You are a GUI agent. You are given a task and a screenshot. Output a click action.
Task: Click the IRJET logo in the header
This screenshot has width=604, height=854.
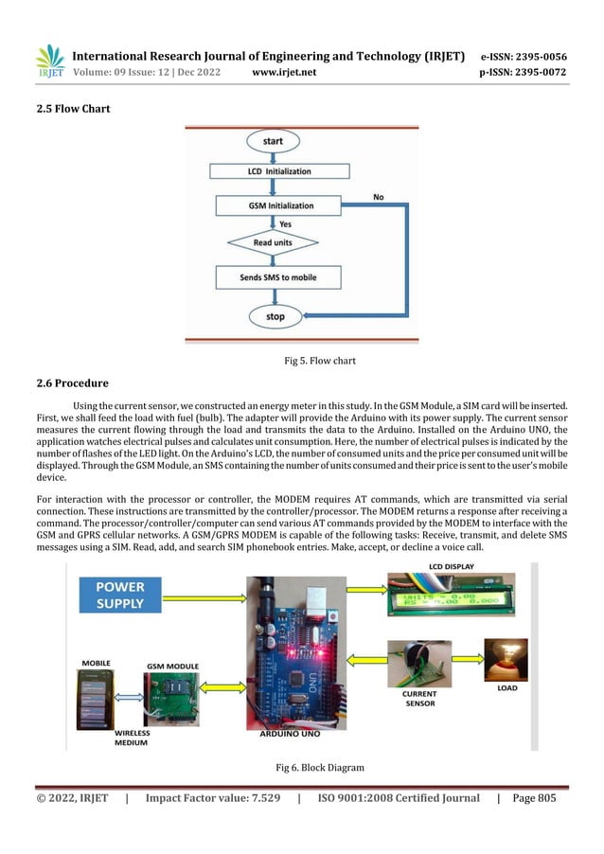pos(49,62)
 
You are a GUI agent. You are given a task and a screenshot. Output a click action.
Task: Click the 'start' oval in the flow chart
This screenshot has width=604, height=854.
pos(274,142)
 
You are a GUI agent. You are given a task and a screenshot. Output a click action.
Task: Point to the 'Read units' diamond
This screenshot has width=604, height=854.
pos(272,242)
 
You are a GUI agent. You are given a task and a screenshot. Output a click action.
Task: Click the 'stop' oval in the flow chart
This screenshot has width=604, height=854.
pos(275,315)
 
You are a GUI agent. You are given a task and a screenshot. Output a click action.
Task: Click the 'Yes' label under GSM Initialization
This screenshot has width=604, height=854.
pos(284,224)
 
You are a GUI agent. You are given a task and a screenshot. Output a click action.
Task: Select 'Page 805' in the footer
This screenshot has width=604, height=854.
pos(534,798)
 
